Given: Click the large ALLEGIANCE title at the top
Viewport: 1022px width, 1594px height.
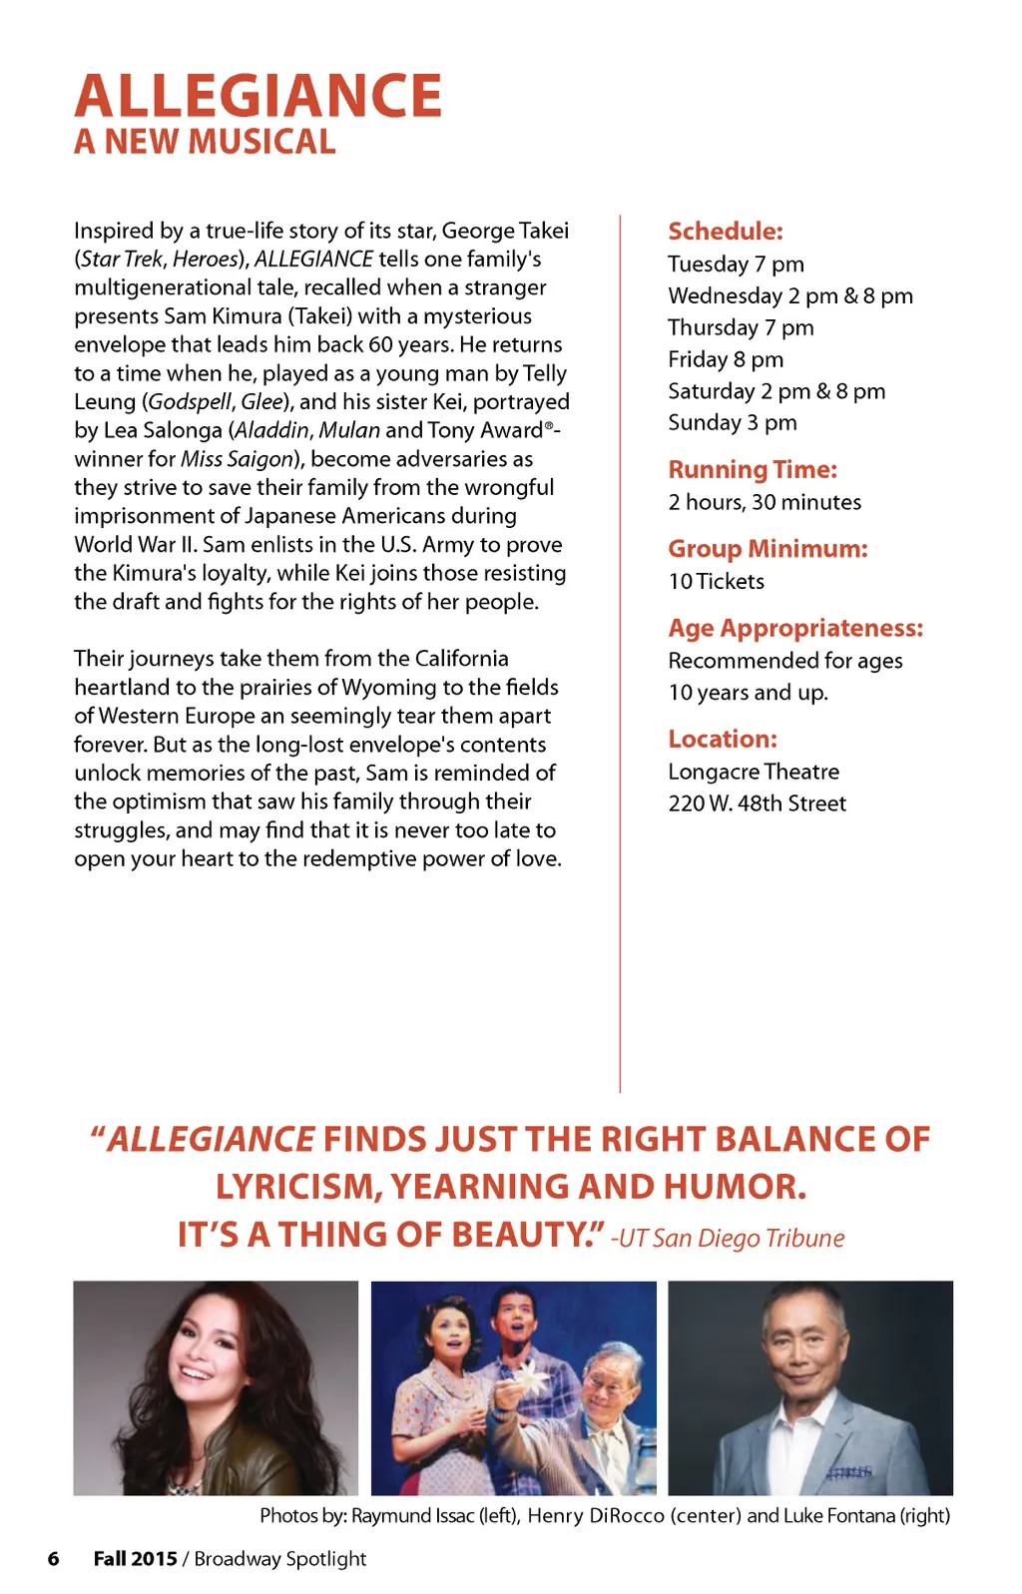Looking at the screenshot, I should [257, 96].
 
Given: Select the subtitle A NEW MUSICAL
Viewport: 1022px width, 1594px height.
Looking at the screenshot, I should [205, 142].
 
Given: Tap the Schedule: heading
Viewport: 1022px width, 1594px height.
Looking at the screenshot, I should [726, 231].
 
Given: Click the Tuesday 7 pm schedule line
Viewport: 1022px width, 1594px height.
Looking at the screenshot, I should [736, 264].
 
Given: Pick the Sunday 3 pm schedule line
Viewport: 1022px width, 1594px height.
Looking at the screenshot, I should [733, 422].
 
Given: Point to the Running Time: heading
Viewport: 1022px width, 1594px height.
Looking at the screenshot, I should [753, 469].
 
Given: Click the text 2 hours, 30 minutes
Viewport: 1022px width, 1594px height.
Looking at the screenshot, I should [765, 502].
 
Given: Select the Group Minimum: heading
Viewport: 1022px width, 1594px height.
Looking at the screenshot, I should [767, 548].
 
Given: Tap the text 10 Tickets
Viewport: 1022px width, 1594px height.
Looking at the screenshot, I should [716, 581].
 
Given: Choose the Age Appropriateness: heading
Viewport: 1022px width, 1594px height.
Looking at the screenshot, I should [795, 628].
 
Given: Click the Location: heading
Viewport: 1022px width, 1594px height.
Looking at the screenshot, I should [723, 739].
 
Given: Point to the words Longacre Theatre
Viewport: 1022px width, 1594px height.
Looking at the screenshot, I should [754, 772].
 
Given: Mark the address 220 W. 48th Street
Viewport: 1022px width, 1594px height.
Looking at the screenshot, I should [757, 803].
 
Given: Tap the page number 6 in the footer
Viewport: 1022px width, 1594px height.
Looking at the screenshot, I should [54, 1558].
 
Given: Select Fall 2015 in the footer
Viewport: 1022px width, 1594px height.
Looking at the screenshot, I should [135, 1558].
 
